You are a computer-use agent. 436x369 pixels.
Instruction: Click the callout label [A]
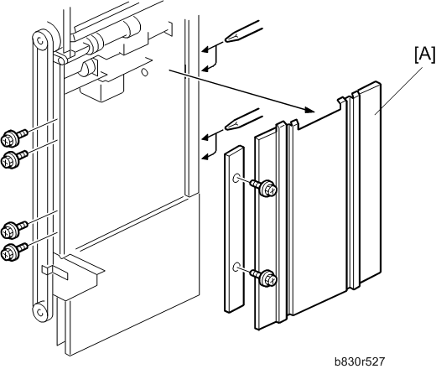point(425,55)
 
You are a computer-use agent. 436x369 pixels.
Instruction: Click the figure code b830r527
point(360,361)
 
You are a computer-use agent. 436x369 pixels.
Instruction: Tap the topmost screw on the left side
point(14,136)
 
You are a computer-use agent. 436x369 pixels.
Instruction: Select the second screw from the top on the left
point(14,159)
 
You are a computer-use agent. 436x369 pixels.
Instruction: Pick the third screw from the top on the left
point(14,229)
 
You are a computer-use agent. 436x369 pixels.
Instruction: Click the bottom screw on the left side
point(14,251)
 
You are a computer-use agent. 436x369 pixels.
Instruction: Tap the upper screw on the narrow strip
point(263,188)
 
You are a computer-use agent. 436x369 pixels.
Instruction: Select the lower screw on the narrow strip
point(263,277)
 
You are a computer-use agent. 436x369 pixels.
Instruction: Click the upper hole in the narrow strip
point(236,178)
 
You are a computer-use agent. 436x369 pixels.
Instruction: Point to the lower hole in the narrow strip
point(236,267)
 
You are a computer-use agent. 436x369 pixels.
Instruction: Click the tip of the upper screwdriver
point(226,39)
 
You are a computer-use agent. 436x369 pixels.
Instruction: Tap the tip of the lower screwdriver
point(226,127)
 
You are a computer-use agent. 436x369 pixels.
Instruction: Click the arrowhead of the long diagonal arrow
point(310,110)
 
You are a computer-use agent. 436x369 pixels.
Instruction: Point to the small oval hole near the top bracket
point(145,72)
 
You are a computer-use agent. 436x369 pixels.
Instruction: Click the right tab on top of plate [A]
point(341,101)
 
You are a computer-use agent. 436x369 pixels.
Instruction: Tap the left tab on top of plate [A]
point(293,123)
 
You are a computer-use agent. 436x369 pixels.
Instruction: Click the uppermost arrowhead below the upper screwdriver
point(205,49)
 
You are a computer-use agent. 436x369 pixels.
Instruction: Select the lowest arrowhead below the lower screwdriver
point(205,157)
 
